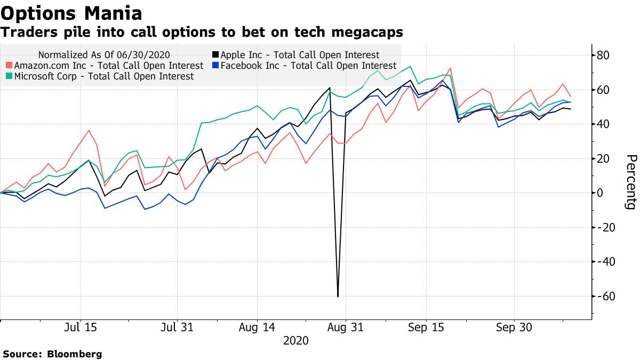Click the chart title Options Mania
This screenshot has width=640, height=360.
(x=71, y=12)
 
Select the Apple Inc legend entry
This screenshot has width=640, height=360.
(x=299, y=54)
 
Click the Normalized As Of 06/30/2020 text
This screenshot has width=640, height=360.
(x=108, y=54)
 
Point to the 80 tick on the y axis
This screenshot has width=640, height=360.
(x=603, y=55)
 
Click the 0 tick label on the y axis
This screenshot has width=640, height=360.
(x=601, y=193)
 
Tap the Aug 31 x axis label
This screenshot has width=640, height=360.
(x=345, y=328)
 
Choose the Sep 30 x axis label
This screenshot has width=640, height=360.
(x=514, y=328)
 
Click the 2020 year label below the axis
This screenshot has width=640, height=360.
(x=297, y=340)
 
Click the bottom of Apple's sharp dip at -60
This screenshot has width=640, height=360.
(x=338, y=297)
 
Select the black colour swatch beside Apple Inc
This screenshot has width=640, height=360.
(x=215, y=54)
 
